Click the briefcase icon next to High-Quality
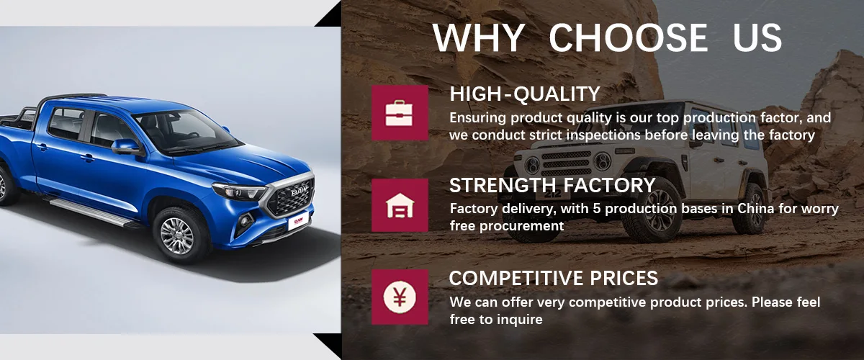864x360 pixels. coord(399,113)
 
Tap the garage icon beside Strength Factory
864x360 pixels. coord(400,205)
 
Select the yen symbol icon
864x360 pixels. coord(400,297)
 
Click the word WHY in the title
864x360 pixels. coord(479,37)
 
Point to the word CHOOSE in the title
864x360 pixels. coord(629,37)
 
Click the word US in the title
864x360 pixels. coord(757,37)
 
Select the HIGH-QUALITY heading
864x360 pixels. coord(525,94)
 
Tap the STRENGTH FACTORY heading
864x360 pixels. coord(552,185)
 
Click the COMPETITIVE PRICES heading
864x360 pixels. coord(554,278)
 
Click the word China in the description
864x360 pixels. coord(755,209)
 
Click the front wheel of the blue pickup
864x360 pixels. coord(177,236)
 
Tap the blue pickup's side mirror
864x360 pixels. coord(127,147)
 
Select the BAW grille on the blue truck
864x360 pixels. coord(292,196)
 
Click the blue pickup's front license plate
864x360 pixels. coord(298,221)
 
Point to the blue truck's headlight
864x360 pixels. coord(240,192)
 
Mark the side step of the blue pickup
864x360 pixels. coord(94,212)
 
